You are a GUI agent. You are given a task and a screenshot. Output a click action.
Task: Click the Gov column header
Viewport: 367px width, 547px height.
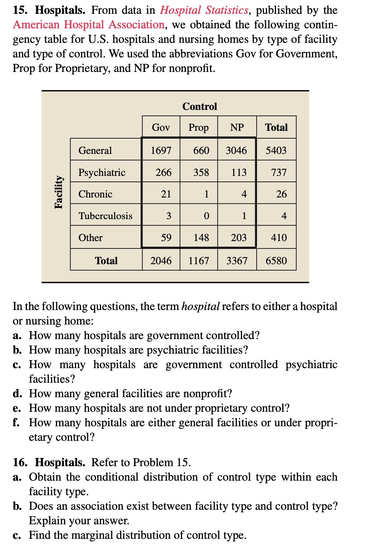[161, 127]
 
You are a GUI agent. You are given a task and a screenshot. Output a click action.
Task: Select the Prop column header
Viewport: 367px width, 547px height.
[198, 127]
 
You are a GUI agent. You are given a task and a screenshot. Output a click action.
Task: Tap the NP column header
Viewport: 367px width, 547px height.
[237, 127]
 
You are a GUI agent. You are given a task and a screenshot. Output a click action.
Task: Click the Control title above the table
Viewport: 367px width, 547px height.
[200, 107]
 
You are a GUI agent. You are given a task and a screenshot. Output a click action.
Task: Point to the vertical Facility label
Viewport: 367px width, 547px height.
[59, 192]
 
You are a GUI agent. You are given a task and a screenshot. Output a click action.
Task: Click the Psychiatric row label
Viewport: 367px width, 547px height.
[102, 172]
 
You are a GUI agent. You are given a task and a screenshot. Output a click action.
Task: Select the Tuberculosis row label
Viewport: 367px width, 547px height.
[105, 216]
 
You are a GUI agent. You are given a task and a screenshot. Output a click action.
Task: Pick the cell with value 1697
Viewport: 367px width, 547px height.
[161, 151]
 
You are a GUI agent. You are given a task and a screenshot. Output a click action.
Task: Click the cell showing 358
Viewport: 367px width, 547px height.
[201, 172]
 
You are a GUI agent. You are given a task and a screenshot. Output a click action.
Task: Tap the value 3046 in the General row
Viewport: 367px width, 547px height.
[236, 151]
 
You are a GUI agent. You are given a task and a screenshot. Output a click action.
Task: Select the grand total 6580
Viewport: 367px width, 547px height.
[276, 260]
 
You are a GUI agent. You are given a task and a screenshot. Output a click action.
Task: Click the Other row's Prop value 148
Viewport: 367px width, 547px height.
[201, 237]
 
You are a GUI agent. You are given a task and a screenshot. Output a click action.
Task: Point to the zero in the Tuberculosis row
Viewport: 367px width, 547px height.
[206, 216]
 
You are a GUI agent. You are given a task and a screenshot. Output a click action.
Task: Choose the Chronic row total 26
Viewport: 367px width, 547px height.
[281, 194]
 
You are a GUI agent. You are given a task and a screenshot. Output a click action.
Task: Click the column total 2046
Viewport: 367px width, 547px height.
[161, 260]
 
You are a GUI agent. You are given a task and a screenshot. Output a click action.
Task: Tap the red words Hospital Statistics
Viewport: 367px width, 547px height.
[204, 10]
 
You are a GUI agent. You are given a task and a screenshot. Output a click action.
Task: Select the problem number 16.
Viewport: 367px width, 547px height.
[20, 462]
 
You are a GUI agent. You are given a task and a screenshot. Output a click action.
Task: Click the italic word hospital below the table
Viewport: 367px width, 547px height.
[200, 306]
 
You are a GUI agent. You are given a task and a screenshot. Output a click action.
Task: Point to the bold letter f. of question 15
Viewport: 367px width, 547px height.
[16, 423]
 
